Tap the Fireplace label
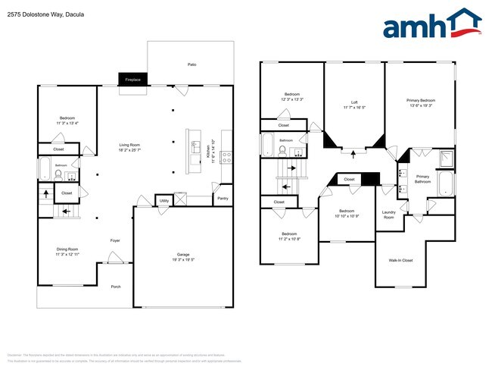point(132,79)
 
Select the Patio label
point(192,65)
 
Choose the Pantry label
point(222,199)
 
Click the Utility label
point(163,201)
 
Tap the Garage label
point(182,254)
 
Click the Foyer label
point(115,240)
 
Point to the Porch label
point(116,287)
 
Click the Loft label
point(353,102)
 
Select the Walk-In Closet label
point(401,260)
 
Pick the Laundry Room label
point(388,215)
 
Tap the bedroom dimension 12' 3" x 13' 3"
point(292,99)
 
